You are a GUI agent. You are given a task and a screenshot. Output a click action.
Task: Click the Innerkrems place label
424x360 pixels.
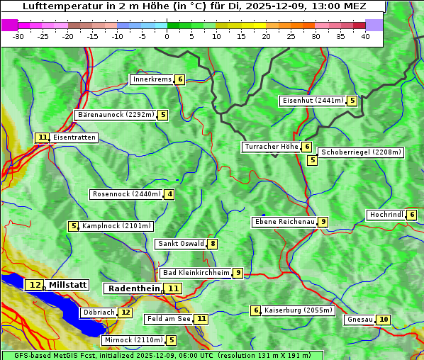(x=152, y=79)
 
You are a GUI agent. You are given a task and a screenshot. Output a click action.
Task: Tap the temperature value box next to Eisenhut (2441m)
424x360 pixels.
(x=352, y=101)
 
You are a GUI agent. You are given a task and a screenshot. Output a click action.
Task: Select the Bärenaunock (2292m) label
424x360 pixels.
(x=116, y=115)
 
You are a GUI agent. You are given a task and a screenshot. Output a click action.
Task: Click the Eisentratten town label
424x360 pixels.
(x=74, y=137)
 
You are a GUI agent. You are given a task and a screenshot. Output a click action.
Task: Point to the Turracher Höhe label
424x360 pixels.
(x=271, y=147)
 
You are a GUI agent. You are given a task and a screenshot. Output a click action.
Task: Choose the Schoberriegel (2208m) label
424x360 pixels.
(x=361, y=152)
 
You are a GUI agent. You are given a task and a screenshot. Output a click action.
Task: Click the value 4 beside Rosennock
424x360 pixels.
(x=169, y=194)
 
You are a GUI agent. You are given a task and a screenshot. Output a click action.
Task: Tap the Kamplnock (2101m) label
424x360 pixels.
(x=116, y=226)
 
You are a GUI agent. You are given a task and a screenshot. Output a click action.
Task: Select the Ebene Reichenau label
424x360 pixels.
(x=284, y=222)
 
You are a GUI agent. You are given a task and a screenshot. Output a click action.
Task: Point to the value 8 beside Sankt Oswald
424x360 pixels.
(x=212, y=244)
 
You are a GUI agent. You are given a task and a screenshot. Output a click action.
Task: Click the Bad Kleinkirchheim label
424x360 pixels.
(x=196, y=273)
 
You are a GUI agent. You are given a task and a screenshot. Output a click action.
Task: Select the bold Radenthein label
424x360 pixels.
(x=133, y=288)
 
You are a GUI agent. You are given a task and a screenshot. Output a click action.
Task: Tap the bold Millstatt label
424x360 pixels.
(x=68, y=285)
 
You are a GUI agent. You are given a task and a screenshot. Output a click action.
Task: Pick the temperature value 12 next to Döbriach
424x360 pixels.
(x=125, y=312)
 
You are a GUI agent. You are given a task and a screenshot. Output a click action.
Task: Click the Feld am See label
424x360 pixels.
(x=169, y=319)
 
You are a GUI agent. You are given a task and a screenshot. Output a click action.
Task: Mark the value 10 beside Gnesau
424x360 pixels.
(x=384, y=320)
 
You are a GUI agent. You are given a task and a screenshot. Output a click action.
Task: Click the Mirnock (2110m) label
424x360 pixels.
(x=133, y=340)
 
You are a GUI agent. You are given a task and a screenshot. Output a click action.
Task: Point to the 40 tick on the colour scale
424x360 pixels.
(x=365, y=35)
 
